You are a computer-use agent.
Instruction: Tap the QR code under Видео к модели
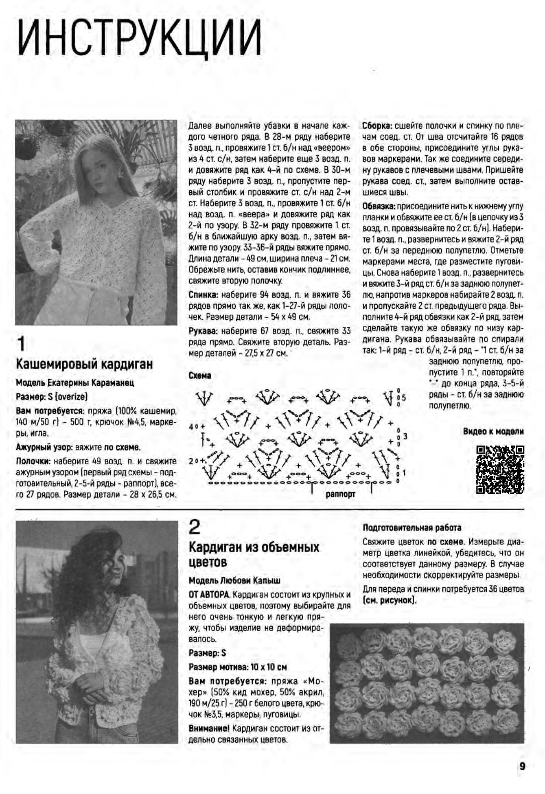pos(500,469)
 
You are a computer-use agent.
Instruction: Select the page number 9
pos(522,766)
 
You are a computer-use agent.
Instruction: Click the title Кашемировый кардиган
pos(84,364)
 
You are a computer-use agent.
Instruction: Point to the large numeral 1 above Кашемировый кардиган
pos(21,344)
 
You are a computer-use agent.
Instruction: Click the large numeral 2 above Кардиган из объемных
pos(195,527)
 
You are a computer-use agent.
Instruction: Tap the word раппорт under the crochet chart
pos(340,494)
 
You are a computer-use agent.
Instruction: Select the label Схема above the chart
pos(200,375)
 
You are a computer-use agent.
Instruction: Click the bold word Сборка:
pos(377,126)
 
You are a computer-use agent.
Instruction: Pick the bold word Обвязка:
pos(379,206)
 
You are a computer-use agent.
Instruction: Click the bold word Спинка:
pos(203,295)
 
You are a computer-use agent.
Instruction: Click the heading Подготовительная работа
pos(412,528)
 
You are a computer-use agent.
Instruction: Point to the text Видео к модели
pos(493,431)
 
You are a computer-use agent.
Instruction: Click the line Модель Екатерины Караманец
pos(75,383)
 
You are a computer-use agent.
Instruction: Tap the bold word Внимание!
pos(209,729)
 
